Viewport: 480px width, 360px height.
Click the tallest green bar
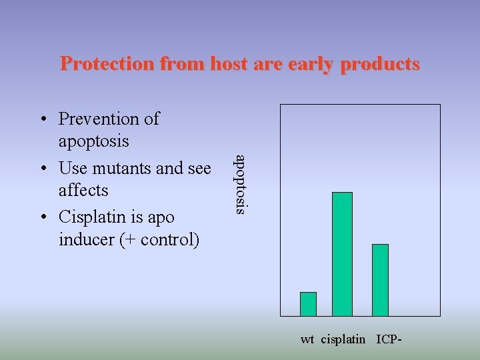(342, 253)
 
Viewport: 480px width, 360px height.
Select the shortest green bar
(308, 303)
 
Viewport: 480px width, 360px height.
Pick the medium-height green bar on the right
(380, 279)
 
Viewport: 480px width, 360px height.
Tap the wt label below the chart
(307, 339)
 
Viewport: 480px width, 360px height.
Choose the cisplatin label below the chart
(343, 339)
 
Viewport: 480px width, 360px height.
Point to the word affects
(83, 190)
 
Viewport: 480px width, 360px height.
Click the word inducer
(86, 239)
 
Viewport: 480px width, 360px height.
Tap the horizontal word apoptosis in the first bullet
(94, 141)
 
